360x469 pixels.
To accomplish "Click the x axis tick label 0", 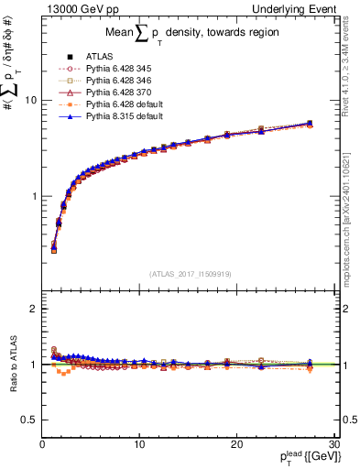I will tap(42, 444).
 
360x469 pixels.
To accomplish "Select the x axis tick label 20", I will tap(236, 444).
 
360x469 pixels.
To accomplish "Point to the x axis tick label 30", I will tap(333, 444).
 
